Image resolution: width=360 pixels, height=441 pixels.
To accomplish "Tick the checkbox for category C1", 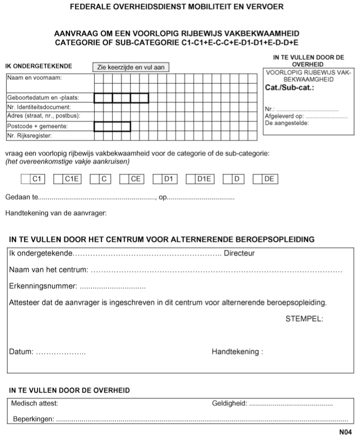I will click(25, 179).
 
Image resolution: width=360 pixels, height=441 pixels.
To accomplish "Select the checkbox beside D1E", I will click(190, 179).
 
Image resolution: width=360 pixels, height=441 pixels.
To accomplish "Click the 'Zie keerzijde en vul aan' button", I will click(131, 67).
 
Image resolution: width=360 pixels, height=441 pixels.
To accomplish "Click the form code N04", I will click(345, 432).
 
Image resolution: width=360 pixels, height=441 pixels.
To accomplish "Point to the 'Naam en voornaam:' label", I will click(34, 78).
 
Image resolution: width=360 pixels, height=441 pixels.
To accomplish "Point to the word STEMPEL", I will click(304, 319).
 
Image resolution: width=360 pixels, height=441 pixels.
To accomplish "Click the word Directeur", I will click(239, 253).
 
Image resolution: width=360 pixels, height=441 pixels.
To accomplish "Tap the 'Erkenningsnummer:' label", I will click(43, 286).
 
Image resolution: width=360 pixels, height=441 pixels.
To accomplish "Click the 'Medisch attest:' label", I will click(35, 403).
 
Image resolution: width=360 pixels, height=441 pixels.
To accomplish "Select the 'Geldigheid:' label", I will click(229, 403).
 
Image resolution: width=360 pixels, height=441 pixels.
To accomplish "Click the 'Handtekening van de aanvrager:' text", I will click(55, 213).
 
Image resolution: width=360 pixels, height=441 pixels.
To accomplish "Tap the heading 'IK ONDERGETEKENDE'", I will click(38, 66).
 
